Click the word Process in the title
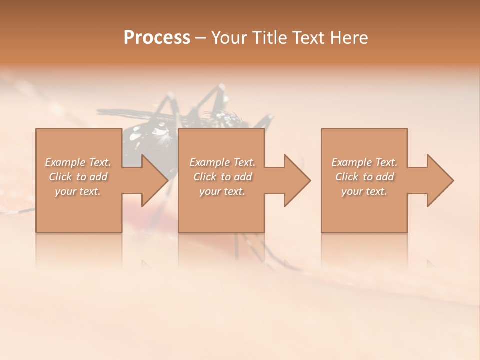click(x=157, y=38)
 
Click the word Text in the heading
click(x=309, y=38)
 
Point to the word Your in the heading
click(x=229, y=38)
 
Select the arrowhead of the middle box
click(x=296, y=180)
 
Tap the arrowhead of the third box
click(x=439, y=180)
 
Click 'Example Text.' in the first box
click(x=78, y=162)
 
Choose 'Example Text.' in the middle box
click(x=222, y=162)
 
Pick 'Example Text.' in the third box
click(x=364, y=162)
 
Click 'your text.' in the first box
click(x=78, y=191)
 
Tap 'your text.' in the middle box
click(x=222, y=191)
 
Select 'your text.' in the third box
click(x=364, y=191)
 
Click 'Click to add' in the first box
click(x=78, y=177)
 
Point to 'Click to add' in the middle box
click(x=222, y=177)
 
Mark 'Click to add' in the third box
click(x=364, y=177)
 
